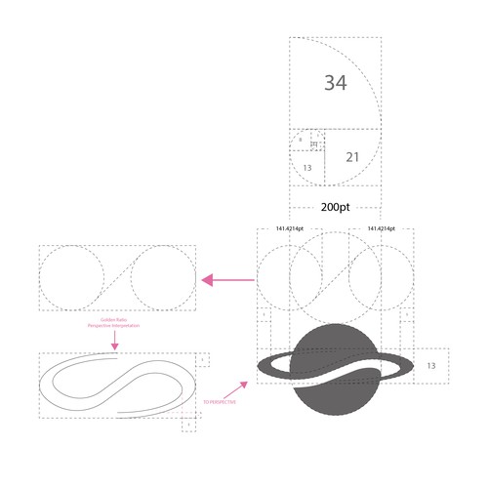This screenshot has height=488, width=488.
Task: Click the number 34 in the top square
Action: click(x=335, y=83)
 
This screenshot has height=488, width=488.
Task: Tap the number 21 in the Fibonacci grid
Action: click(x=353, y=156)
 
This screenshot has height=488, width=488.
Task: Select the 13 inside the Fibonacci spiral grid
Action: click(x=307, y=168)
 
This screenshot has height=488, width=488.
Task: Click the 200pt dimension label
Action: click(x=335, y=208)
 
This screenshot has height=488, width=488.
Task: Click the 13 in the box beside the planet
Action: click(x=431, y=364)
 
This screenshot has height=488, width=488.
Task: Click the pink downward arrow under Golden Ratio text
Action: click(x=115, y=341)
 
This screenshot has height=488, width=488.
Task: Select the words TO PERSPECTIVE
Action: click(x=220, y=401)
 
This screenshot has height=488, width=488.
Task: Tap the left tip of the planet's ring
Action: click(x=259, y=369)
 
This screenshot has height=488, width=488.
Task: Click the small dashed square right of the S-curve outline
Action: click(x=201, y=360)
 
